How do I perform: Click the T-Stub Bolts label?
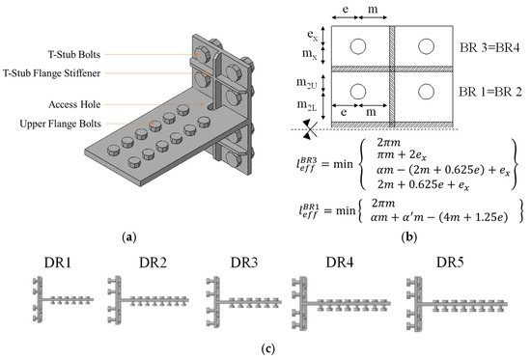point(74,54)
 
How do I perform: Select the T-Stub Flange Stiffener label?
point(51,73)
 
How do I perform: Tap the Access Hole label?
point(74,104)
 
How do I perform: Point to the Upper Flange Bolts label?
point(60,124)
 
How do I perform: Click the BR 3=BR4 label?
point(489,47)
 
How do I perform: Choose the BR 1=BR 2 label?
point(490,92)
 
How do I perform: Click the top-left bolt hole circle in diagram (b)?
point(358,46)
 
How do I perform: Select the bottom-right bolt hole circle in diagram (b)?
point(426,92)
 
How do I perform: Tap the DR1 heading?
point(58,263)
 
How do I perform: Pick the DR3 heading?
point(244,263)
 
